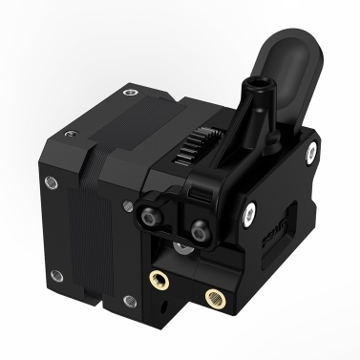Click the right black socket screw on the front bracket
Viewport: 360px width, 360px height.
(199, 230)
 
